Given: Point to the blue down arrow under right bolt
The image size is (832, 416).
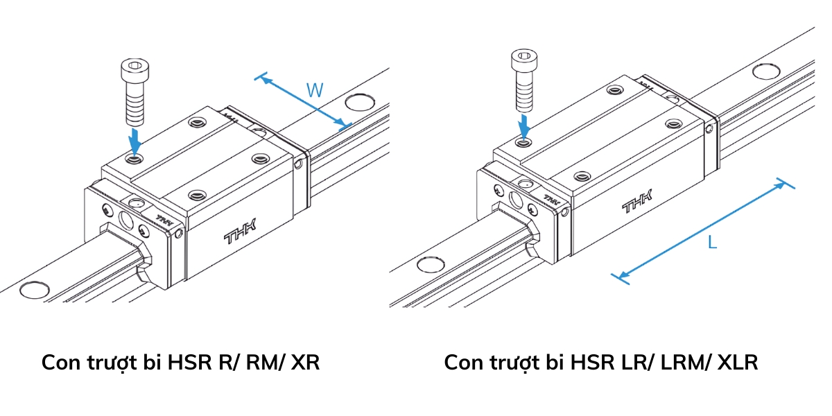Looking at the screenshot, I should pos(525,126).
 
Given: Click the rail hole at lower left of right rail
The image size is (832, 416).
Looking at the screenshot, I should pos(429,264).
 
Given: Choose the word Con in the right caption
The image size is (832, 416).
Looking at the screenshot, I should pos(462,363).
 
